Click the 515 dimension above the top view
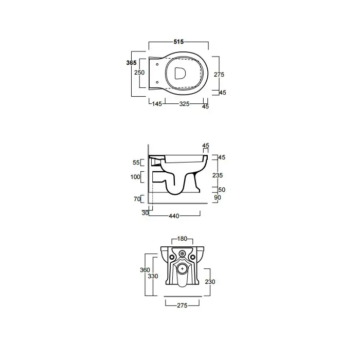click(x=178, y=42)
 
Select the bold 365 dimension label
click(x=131, y=62)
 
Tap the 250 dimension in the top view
click(x=139, y=73)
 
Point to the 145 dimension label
click(x=157, y=104)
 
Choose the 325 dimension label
click(x=184, y=104)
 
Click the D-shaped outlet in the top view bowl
click(x=180, y=73)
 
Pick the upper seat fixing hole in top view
click(x=157, y=64)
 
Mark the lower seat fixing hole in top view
click(x=157, y=82)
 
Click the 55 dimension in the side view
click(x=136, y=163)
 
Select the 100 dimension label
click(x=135, y=177)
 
